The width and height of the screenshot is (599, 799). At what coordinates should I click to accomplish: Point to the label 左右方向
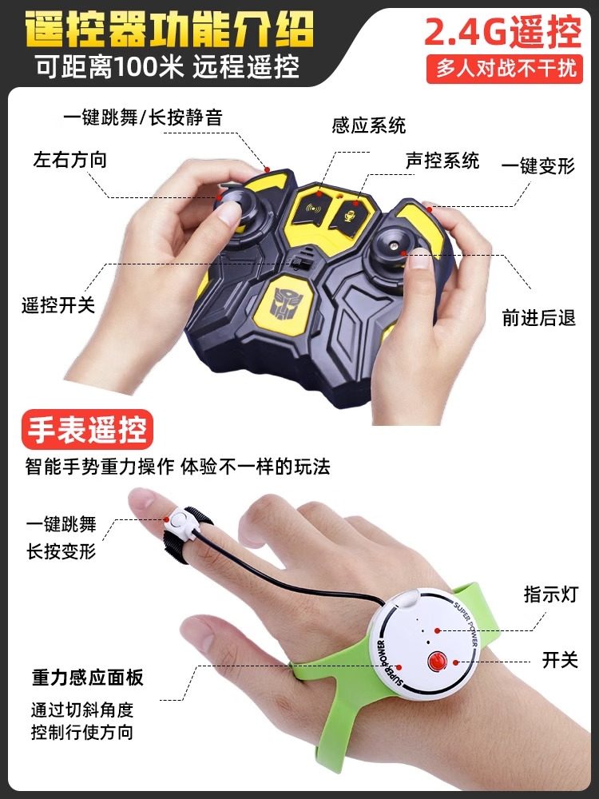pyautogui.click(x=69, y=159)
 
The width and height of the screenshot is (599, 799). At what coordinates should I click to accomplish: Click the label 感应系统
pyautogui.click(x=368, y=125)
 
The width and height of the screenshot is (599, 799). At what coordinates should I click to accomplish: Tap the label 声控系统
pyautogui.click(x=442, y=160)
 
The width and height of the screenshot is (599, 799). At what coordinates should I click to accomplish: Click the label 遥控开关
pyautogui.click(x=58, y=304)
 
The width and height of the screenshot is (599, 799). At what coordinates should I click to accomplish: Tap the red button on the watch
pyautogui.click(x=435, y=662)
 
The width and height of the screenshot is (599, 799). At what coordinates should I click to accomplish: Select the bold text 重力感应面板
pyautogui.click(x=88, y=678)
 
